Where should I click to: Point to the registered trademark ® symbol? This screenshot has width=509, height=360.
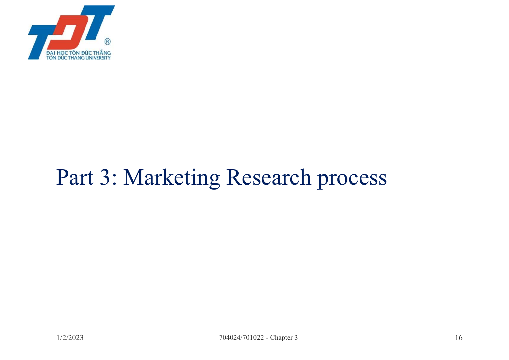(x=108, y=42)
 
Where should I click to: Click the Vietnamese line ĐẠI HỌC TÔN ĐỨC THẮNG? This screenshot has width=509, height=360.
(x=79, y=53)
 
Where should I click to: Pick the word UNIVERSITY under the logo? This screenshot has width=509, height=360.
(x=98, y=58)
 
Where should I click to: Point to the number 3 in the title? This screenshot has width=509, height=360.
(x=105, y=177)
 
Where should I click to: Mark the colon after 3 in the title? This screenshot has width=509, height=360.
(x=114, y=180)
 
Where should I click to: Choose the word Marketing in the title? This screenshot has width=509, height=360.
(x=172, y=179)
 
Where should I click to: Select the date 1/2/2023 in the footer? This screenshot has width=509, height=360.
(x=70, y=338)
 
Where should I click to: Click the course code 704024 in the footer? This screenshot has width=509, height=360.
(x=230, y=338)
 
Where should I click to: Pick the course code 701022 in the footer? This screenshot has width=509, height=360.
(x=253, y=338)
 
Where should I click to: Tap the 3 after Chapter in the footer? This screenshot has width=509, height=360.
(x=296, y=338)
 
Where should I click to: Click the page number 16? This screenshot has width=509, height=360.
(x=459, y=338)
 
